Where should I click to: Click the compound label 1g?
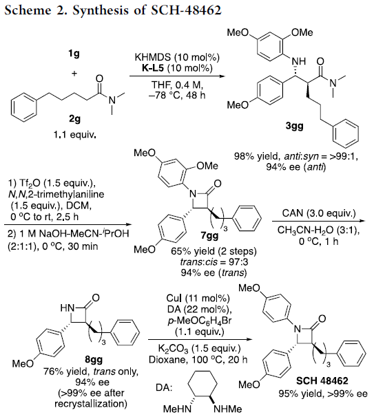click(74, 54)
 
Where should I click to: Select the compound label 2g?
click(74, 118)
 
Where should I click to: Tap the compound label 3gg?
click(295, 126)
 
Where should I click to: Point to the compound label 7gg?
click(209, 235)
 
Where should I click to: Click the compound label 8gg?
click(94, 360)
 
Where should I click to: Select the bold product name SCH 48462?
click(322, 380)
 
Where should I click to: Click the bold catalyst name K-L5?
click(152, 68)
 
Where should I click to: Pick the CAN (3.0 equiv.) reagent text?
click(319, 213)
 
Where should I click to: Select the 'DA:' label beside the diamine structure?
click(164, 387)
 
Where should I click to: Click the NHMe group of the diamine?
click(227, 409)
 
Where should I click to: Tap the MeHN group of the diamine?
click(178, 409)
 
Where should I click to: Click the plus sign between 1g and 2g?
click(74, 73)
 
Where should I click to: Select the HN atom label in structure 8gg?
click(67, 308)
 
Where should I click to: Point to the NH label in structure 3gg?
click(299, 61)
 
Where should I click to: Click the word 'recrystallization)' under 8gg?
click(91, 404)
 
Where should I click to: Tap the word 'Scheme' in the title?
click(28, 10)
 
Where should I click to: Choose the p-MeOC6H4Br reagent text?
click(199, 321)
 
